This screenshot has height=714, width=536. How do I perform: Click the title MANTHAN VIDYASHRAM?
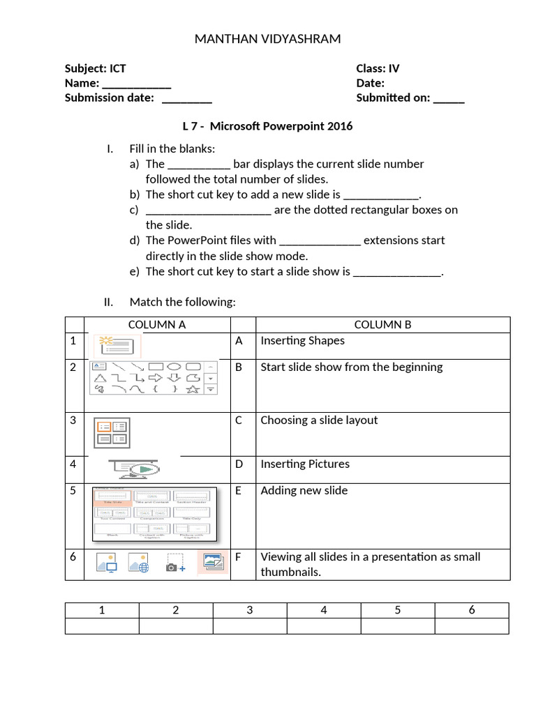tap(267, 39)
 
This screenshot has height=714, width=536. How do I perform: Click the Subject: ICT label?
tap(95, 68)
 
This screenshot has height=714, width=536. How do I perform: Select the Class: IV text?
tap(378, 68)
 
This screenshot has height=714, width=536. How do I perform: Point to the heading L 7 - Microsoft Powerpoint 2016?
tap(267, 126)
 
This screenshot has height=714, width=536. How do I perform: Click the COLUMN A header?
tap(157, 324)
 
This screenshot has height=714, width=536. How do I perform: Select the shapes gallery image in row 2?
tap(154, 378)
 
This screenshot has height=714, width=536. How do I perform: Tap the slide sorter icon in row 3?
tap(111, 434)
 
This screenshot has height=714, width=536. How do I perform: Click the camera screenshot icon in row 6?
tap(174, 563)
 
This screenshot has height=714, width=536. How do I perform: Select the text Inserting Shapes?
tap(302, 340)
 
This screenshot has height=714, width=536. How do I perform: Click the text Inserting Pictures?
tap(305, 464)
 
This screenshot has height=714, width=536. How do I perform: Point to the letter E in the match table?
tap(238, 490)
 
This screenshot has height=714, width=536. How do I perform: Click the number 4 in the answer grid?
tap(324, 610)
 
